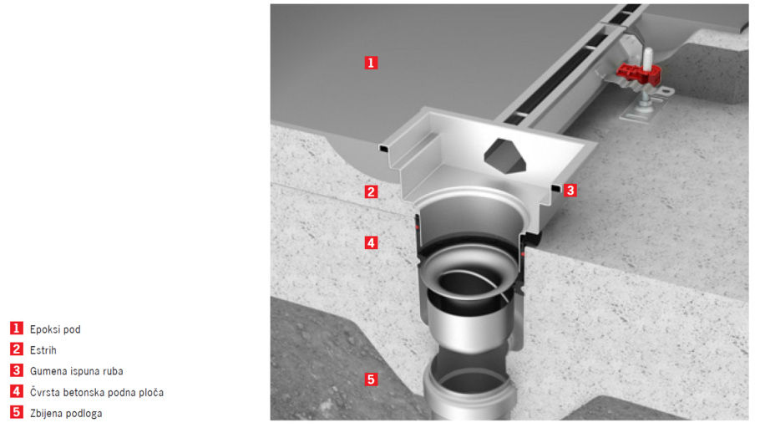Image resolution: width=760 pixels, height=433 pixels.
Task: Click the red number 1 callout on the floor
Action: (371, 63)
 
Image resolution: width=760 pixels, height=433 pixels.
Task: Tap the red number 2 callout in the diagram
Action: (371, 191)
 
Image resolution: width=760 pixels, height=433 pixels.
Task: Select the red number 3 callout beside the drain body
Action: (570, 190)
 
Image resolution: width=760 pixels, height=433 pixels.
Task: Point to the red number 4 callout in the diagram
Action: (371, 242)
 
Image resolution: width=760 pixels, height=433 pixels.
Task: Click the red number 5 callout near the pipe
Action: (371, 380)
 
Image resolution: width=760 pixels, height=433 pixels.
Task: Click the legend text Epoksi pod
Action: (55, 329)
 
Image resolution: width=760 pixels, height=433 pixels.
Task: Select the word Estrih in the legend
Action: (43, 350)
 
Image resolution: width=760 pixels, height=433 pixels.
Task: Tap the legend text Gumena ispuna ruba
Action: (77, 371)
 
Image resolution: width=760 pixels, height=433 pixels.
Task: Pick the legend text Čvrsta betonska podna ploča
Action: (97, 392)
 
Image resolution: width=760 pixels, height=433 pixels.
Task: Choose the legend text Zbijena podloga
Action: (66, 413)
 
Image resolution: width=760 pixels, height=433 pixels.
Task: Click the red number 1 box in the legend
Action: (17, 329)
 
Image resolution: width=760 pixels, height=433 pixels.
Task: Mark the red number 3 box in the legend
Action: (17, 370)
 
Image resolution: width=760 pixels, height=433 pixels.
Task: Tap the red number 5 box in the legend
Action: (17, 412)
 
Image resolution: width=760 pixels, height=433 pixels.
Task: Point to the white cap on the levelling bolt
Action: (647, 59)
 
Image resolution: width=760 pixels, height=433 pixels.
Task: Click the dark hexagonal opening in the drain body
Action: (505, 156)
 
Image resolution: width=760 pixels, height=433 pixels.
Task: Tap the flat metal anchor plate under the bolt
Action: (646, 110)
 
